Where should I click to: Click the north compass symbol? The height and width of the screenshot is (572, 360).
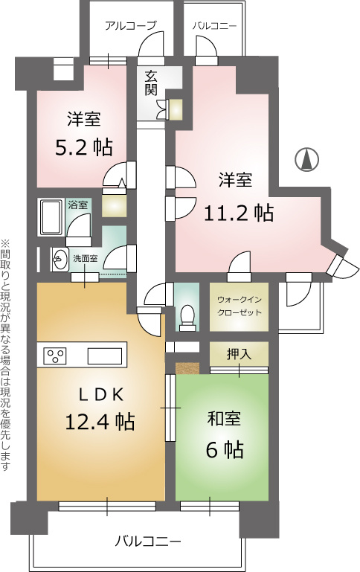click(306, 160)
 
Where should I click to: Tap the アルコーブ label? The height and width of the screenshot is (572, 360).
click(131, 26)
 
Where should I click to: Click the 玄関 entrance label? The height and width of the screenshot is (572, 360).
click(151, 83)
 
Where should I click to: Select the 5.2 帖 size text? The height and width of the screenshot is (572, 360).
click(84, 147)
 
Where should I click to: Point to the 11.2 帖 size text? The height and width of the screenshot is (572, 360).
click(238, 213)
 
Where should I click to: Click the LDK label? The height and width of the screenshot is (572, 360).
click(102, 395)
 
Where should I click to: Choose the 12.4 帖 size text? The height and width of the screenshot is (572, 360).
click(100, 421)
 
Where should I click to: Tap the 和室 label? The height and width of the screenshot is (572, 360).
click(224, 419)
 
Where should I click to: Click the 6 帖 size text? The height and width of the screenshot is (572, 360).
click(225, 449)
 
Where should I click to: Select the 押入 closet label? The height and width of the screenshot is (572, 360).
click(239, 353)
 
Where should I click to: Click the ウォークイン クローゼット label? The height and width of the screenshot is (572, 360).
click(240, 306)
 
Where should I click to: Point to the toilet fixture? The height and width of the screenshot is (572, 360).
click(187, 315)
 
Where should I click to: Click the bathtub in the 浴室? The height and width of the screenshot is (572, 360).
click(51, 217)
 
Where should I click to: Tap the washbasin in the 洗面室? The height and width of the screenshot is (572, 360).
click(60, 259)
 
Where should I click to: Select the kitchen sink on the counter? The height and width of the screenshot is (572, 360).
click(104, 356)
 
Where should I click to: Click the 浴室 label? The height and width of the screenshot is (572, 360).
click(78, 205)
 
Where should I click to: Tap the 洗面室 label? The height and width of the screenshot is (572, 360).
click(86, 259)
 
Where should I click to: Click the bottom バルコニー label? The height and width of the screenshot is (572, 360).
click(148, 541)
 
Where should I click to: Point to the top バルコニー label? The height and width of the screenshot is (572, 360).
click(215, 26)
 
